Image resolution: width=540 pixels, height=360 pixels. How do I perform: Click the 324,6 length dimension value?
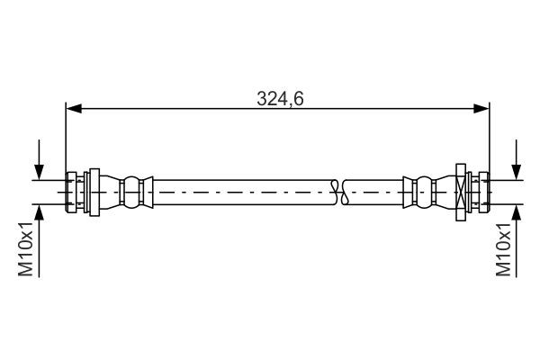279,99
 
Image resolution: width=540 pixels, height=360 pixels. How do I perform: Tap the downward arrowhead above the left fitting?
40,173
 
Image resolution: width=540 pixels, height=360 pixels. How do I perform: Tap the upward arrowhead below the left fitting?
40,211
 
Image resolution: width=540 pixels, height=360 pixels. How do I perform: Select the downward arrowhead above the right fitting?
516,173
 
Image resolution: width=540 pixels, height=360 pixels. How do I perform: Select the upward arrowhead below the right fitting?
516,211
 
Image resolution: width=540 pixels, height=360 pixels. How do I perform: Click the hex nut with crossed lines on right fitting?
460,191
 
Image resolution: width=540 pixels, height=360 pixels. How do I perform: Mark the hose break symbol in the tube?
337,191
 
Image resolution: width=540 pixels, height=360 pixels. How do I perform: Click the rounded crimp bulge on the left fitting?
133,191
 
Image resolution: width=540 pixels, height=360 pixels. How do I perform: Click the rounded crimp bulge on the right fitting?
421,191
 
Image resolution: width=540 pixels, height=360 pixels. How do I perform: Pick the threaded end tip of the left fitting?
71,191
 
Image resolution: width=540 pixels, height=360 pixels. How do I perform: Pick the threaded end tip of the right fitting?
484,191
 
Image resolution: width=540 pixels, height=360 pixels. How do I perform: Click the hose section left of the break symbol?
243,191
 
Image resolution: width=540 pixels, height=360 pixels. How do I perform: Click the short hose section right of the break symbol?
373,191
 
